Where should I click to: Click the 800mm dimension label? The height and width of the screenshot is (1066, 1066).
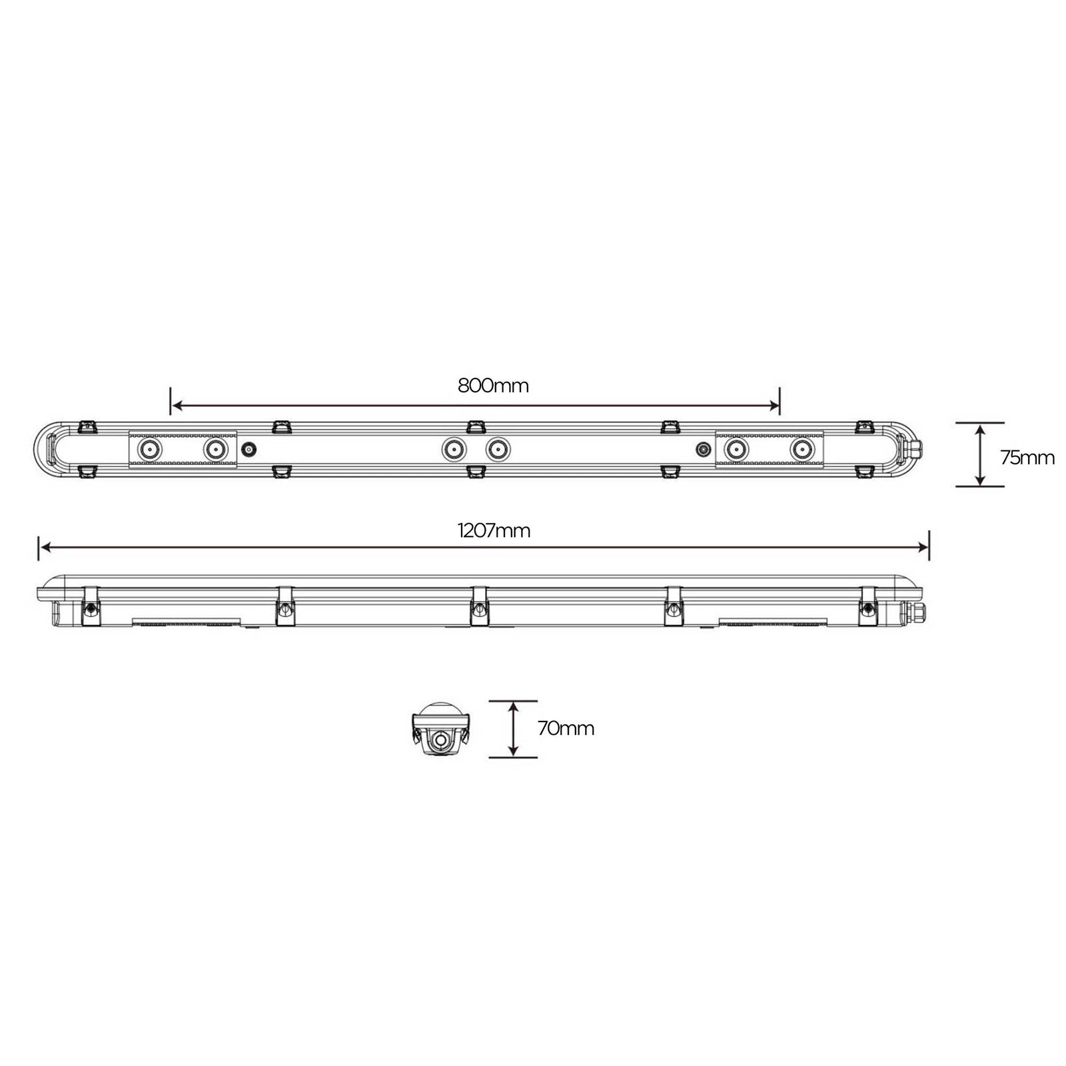coord(493,386)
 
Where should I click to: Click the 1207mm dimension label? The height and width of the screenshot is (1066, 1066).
coord(494,531)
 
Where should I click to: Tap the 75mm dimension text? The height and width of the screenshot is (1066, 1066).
coord(1027,458)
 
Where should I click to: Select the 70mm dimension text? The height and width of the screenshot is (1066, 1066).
coord(566,728)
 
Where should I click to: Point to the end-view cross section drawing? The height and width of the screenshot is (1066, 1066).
coord(440,729)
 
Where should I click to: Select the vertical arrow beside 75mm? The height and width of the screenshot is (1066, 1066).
coord(979,455)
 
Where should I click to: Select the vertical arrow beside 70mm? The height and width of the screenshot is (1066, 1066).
coord(513,729)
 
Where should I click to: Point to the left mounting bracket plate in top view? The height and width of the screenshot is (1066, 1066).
coord(181,450)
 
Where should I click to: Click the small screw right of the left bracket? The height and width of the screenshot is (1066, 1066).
coord(250,450)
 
